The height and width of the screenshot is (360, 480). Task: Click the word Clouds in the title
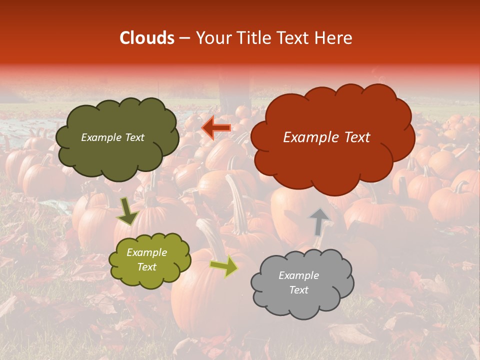point(146,38)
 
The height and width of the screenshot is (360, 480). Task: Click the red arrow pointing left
point(216,127)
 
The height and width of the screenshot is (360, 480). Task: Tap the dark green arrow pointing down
point(127,212)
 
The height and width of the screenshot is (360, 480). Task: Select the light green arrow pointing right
point(224,266)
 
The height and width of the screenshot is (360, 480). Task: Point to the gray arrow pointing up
point(318,222)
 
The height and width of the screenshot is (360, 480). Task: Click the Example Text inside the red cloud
point(326,137)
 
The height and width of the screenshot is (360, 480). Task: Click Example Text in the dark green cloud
point(112,137)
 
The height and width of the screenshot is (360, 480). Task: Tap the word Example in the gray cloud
point(298,275)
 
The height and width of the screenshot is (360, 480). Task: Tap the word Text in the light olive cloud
point(146,267)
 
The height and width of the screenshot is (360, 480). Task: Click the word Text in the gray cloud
point(298,290)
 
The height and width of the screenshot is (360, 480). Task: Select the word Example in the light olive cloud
point(146,253)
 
